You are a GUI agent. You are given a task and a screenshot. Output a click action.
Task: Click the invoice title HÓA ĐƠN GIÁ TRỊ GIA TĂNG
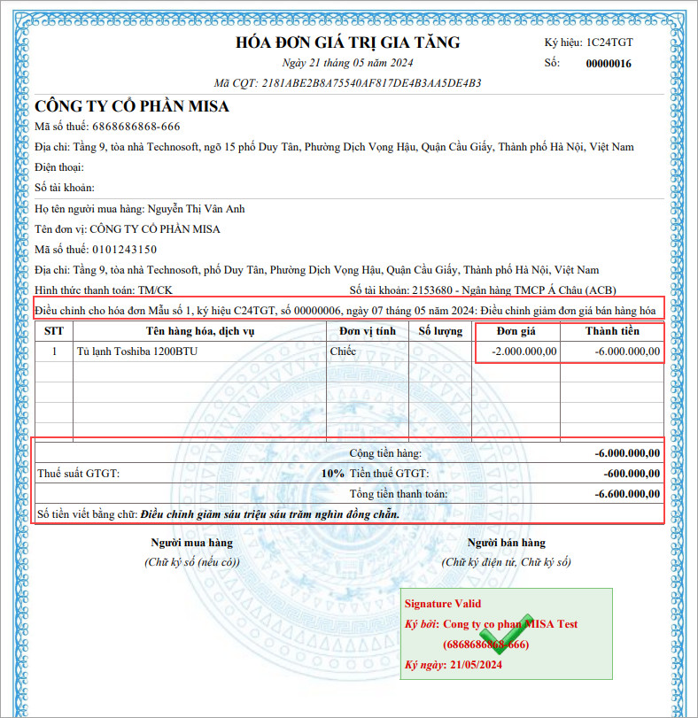[347, 42]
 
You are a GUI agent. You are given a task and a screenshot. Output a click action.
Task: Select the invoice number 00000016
[609, 64]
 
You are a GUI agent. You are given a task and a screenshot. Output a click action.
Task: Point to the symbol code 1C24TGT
[609, 42]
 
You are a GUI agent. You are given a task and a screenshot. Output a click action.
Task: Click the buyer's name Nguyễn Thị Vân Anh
[196, 209]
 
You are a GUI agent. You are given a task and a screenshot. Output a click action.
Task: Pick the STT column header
[53, 331]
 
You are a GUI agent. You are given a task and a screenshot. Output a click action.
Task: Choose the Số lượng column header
[440, 331]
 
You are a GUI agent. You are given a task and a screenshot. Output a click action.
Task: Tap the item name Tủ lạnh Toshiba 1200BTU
[137, 351]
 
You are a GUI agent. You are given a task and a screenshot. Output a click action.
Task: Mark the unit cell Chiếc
[343, 351]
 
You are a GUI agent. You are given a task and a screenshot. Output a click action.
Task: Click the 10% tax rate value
[333, 473]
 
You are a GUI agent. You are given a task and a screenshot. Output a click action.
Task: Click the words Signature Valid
[443, 604]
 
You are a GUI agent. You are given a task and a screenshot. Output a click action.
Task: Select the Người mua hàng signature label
[191, 543]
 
